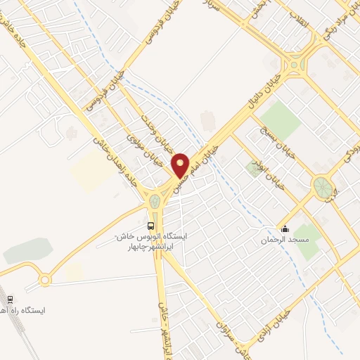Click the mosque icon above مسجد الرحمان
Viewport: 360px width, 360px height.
pyautogui.click(x=285, y=228)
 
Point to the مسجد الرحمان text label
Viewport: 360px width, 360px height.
pyautogui.click(x=286, y=240)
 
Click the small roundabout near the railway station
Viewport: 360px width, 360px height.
pyautogui.click(x=45, y=280)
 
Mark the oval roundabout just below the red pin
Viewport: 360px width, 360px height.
pyautogui.click(x=155, y=202)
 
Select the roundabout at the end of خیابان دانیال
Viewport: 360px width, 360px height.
pyautogui.click(x=292, y=67)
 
